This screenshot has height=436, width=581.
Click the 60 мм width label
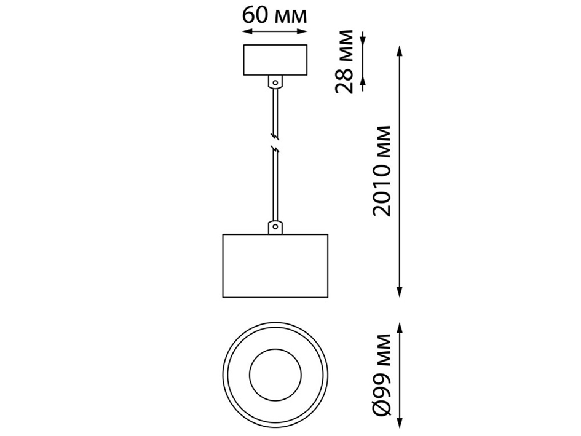[x=274, y=14]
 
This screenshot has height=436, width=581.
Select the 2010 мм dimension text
[x=382, y=170]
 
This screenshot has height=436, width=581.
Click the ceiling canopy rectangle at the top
[x=275, y=60]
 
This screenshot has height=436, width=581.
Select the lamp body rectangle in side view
[x=275, y=266]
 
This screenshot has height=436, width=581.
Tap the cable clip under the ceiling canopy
[x=275, y=81]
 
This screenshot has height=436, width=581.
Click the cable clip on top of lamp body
[x=275, y=227]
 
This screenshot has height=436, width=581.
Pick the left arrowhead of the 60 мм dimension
[x=247, y=34]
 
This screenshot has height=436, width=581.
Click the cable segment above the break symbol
[x=275, y=111]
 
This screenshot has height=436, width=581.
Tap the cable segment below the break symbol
[x=275, y=184]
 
